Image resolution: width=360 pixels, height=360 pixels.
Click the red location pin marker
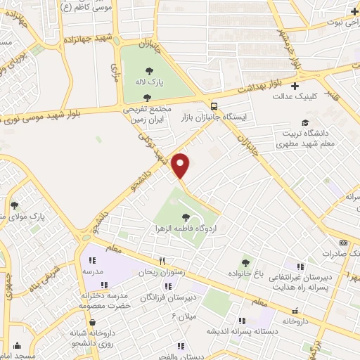pos(181,165)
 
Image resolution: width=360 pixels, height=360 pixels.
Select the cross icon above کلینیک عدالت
pos(294,86)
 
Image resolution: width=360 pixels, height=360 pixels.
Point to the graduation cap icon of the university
pos(304,122)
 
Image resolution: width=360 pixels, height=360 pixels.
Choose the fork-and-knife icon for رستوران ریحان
pos(162,260)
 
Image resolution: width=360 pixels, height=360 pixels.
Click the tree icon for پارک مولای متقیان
pos(14,205)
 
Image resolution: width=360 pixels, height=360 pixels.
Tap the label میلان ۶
pos(183,316)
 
